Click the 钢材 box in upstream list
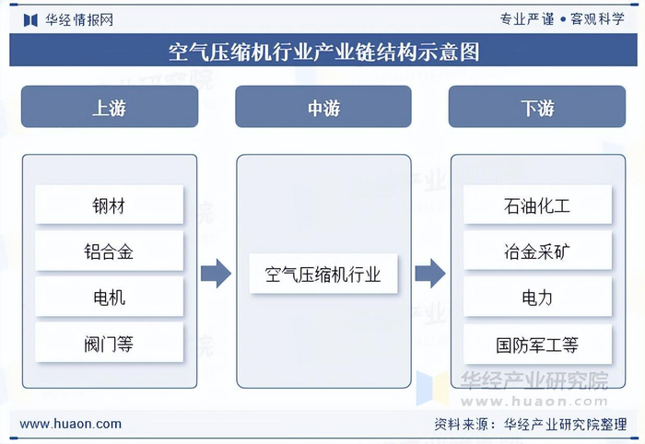[x=109, y=204]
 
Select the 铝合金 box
[x=109, y=251]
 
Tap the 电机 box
[x=109, y=298]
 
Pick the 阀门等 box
[x=109, y=345]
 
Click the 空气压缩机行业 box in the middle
[x=322, y=274]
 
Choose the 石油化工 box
[x=537, y=204]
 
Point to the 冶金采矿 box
[x=537, y=251]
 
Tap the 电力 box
[x=537, y=298]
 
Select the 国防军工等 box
[x=537, y=345]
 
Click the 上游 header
[x=109, y=107]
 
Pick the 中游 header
[x=322, y=107]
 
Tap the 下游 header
[x=537, y=107]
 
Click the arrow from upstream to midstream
[x=216, y=274]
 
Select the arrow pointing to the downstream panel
[x=429, y=274]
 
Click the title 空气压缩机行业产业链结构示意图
[x=322, y=52]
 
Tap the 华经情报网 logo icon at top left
[x=30, y=19]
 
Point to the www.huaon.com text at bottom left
[x=71, y=424]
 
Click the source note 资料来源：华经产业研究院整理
[x=534, y=424]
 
